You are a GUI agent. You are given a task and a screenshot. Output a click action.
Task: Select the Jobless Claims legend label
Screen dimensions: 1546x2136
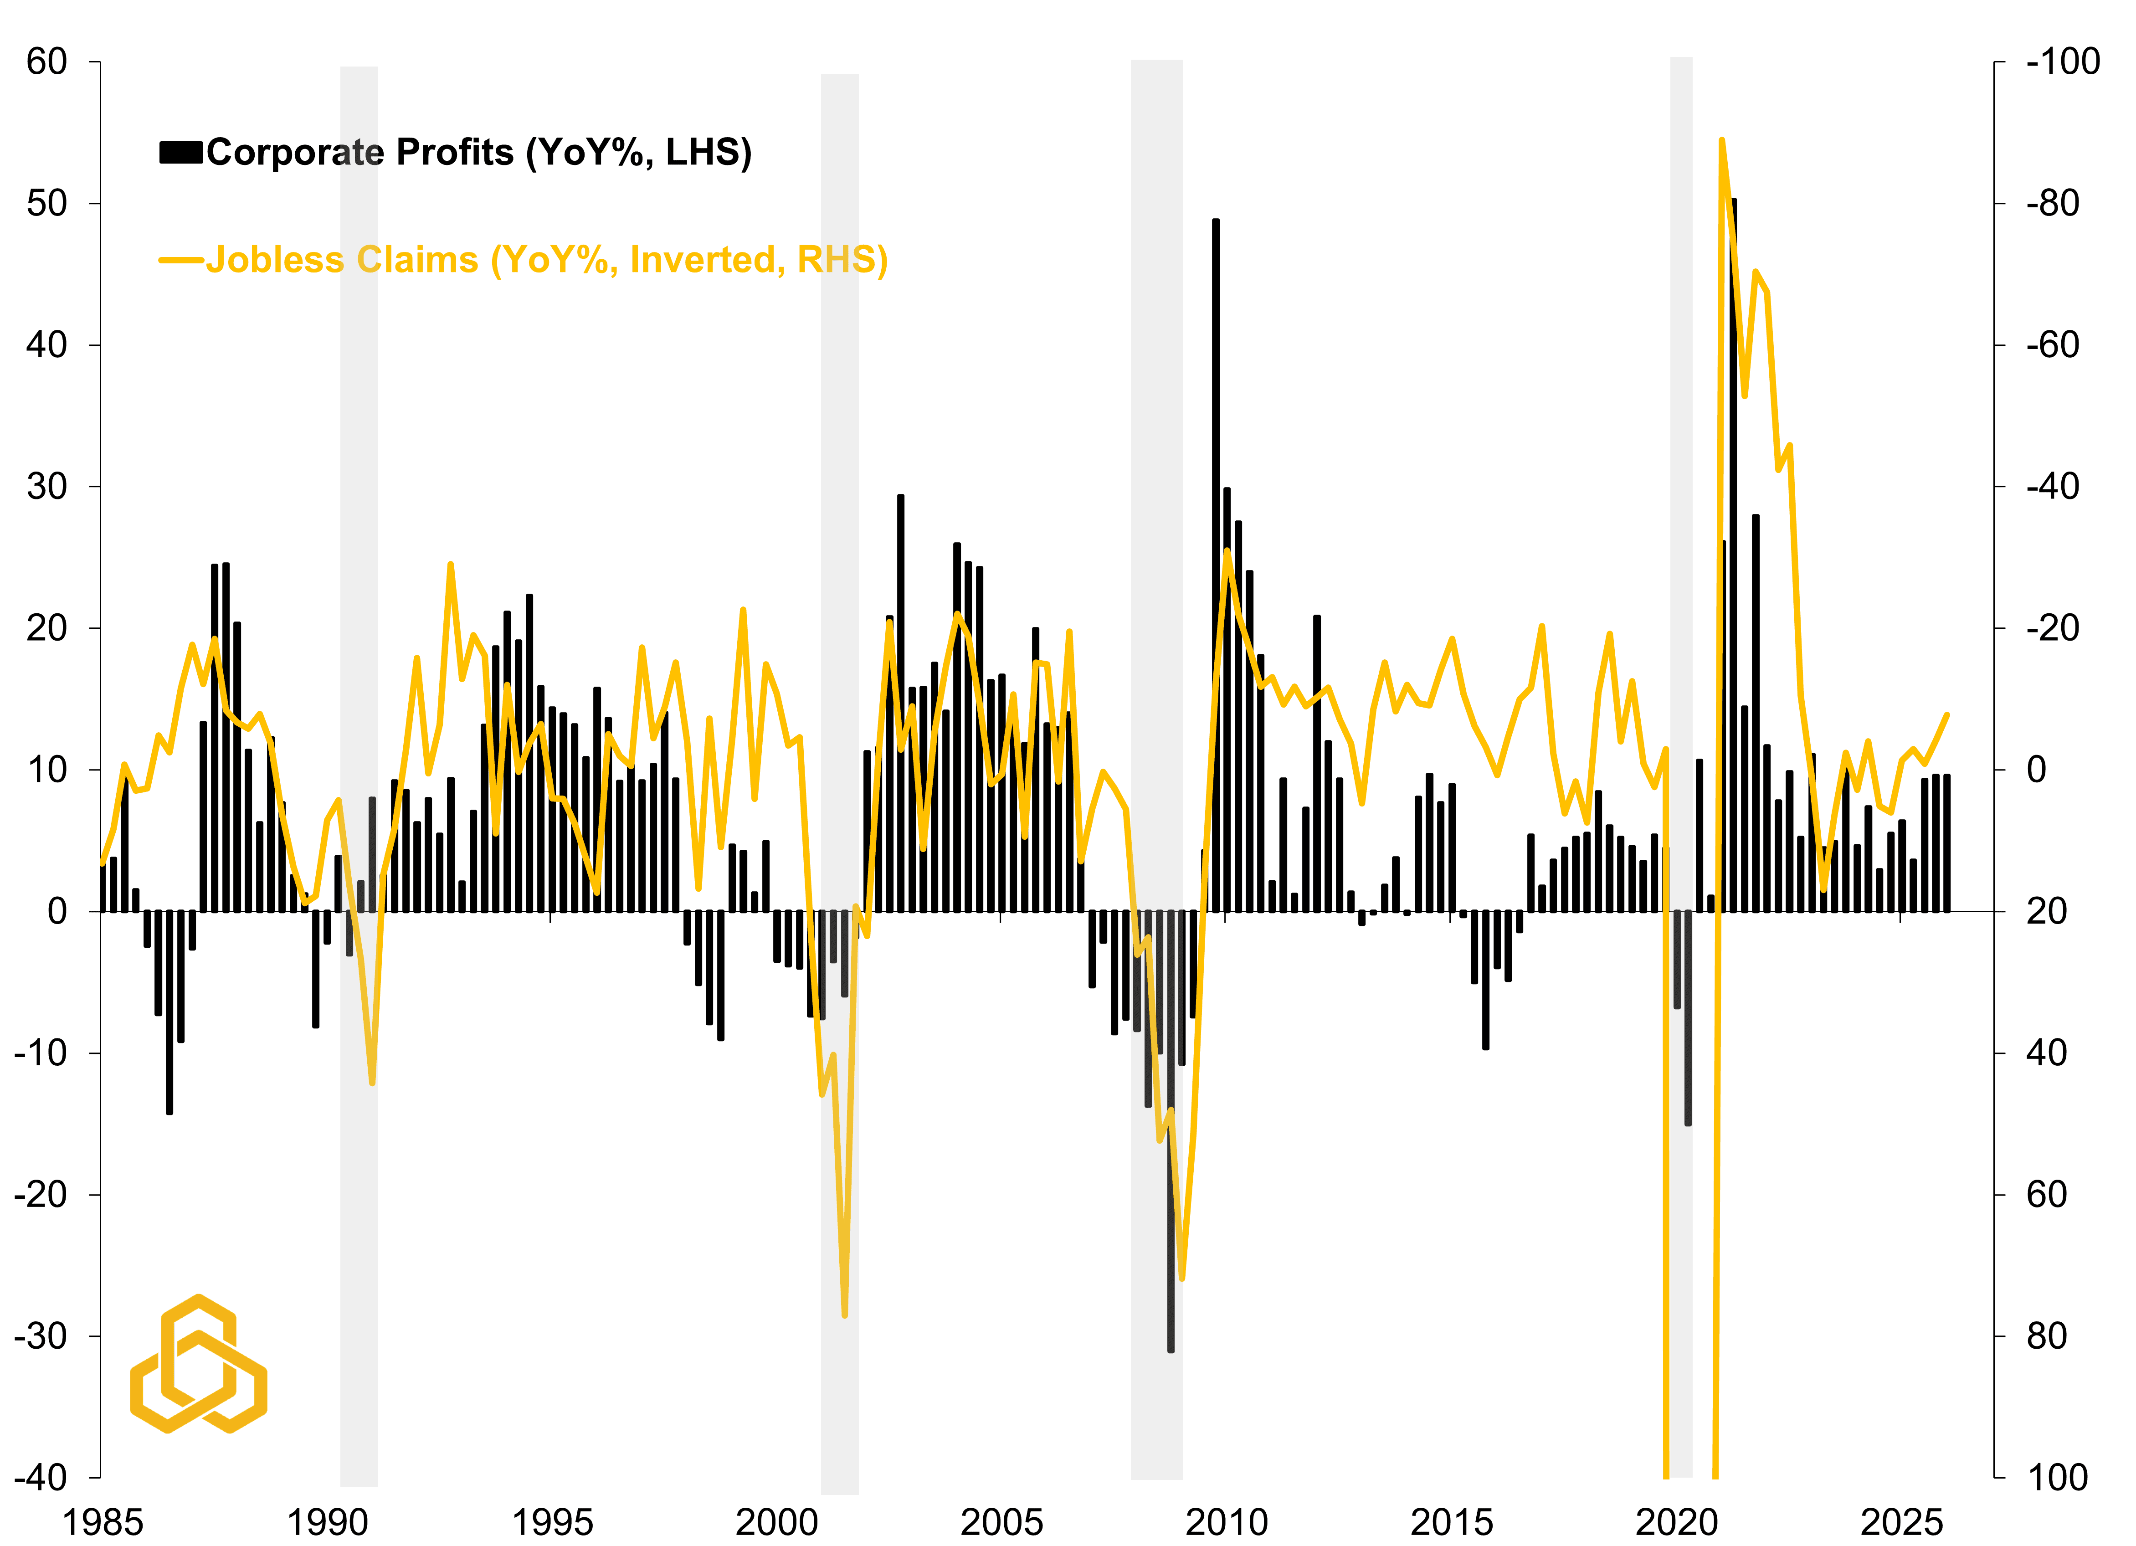(546, 260)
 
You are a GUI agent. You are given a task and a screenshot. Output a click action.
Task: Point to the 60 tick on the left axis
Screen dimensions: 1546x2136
(47, 62)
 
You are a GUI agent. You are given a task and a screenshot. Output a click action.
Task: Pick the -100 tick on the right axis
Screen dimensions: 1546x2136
(2063, 62)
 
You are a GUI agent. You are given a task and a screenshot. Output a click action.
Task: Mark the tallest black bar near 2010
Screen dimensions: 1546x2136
(1215, 565)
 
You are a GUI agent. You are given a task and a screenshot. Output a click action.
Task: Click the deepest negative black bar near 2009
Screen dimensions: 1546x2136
(1171, 1130)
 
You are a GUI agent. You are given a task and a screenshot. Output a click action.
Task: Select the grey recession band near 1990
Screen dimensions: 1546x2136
(359, 754)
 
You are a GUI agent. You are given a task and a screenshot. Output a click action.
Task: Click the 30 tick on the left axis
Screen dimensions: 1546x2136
(47, 487)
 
